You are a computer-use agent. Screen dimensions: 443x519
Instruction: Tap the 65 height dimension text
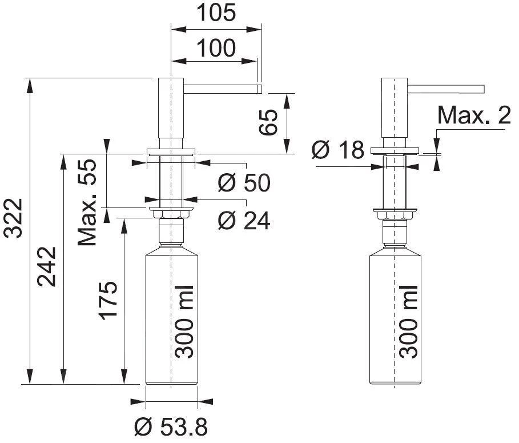click(x=269, y=122)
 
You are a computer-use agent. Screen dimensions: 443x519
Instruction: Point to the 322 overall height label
click(x=13, y=217)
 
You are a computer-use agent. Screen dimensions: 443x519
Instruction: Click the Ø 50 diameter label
click(x=244, y=183)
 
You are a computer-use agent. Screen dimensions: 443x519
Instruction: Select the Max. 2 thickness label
click(x=474, y=116)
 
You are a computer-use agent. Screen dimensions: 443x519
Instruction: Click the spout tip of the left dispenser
click(x=259, y=88)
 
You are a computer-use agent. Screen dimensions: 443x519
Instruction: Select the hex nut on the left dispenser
click(x=171, y=214)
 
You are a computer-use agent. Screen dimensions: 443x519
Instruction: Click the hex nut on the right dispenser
click(x=395, y=214)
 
